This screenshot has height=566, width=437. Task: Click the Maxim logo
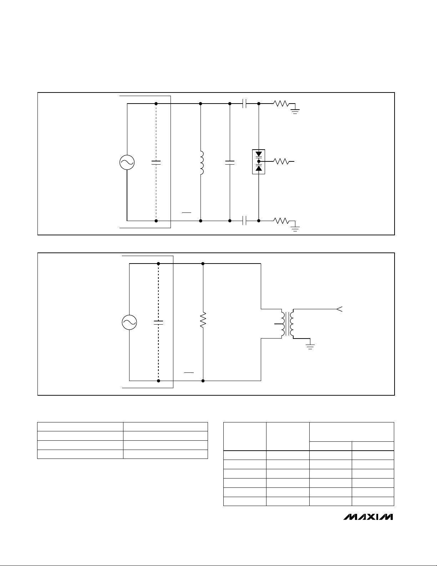pyautogui.click(x=368, y=517)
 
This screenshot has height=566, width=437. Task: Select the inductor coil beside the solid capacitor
pyautogui.click(x=202, y=163)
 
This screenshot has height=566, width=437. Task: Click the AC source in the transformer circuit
pyautogui.click(x=129, y=322)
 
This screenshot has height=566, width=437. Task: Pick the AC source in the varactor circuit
pyautogui.click(x=127, y=162)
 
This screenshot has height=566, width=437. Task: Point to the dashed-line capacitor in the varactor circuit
pyautogui.click(x=156, y=162)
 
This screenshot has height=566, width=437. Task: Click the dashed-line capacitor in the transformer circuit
pyautogui.click(x=158, y=322)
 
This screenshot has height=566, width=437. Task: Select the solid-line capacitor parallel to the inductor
pyautogui.click(x=230, y=162)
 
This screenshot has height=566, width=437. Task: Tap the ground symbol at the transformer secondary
pyautogui.click(x=310, y=346)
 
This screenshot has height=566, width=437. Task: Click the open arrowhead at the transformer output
pyautogui.click(x=339, y=309)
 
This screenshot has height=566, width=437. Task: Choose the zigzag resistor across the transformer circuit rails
pyautogui.click(x=203, y=320)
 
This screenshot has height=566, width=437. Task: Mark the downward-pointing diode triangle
pyautogui.click(x=259, y=154)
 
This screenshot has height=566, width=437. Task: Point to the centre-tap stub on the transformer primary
pyautogui.click(x=277, y=324)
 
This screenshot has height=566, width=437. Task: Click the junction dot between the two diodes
pyautogui.click(x=259, y=161)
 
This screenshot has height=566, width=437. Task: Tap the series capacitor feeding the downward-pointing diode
pyautogui.click(x=244, y=104)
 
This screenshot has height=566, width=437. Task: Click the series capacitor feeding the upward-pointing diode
pyautogui.click(x=244, y=221)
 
